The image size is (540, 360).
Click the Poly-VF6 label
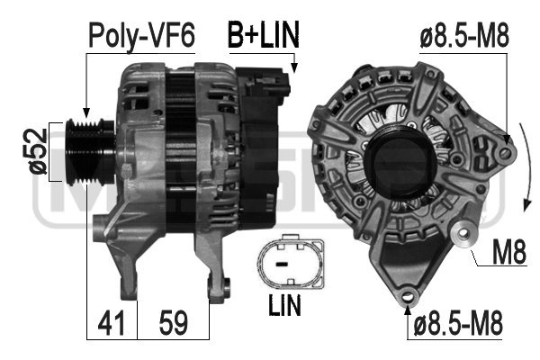141,36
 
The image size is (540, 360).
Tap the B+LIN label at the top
264,34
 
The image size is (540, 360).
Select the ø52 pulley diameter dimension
38,151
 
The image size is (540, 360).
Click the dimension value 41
111,323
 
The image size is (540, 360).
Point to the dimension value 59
173,323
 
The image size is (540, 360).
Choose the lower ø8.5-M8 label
457,323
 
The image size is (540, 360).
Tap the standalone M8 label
509,252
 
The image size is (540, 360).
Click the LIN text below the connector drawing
284,305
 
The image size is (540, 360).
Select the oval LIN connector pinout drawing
291,262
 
